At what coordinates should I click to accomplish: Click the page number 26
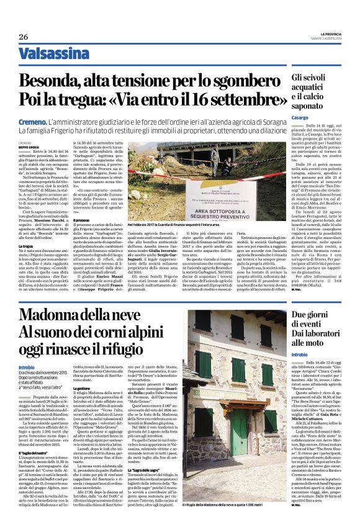point(24,37)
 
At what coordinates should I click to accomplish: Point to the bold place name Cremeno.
point(34,124)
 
